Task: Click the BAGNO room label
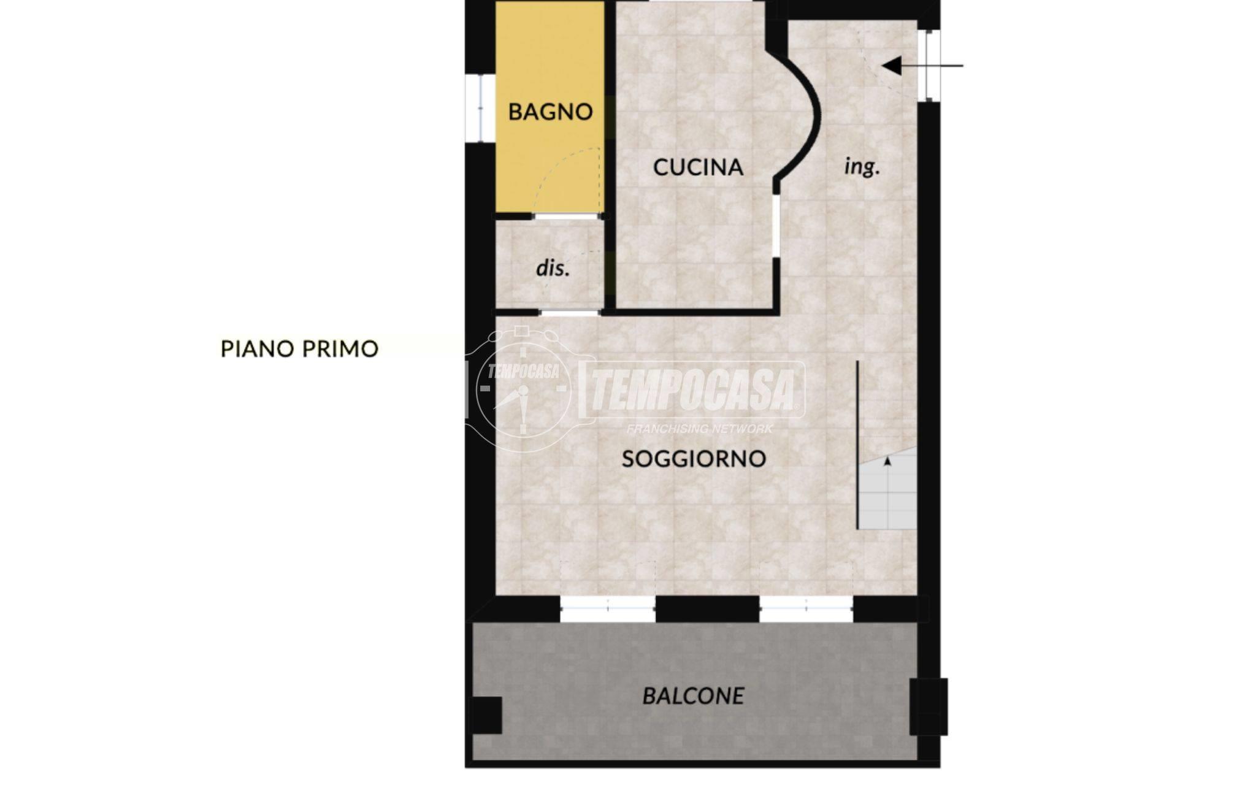click(550, 112)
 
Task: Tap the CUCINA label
click(698, 167)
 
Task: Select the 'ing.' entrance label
click(862, 166)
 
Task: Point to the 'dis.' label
click(553, 268)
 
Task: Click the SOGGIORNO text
click(694, 459)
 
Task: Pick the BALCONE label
click(693, 696)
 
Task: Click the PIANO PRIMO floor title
click(299, 349)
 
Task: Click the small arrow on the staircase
click(887, 462)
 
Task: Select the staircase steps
click(887, 489)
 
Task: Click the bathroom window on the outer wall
click(473, 109)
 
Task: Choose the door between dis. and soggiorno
click(570, 313)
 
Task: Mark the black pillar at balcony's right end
click(929, 706)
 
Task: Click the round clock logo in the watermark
click(523, 388)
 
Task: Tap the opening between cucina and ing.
click(776, 226)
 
